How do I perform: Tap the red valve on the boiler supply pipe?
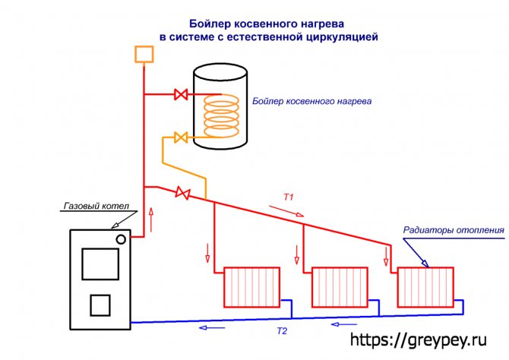click(x=182, y=95)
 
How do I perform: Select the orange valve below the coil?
click(x=182, y=137)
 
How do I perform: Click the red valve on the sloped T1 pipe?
click(x=182, y=193)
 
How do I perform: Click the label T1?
click(x=289, y=197)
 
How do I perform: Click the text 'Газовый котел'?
click(x=93, y=207)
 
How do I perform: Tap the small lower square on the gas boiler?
click(x=100, y=305)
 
